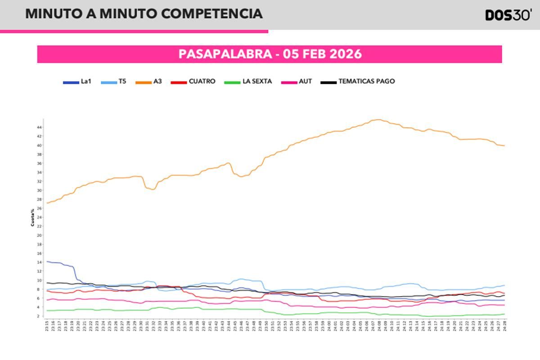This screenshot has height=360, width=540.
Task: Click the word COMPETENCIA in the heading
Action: (211, 13)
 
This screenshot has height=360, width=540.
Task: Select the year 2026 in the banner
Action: (346, 54)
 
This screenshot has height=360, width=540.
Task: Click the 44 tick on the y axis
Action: (40, 127)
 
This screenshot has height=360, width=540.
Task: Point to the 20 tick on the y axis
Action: (40, 235)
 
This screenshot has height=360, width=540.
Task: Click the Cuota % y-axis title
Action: (32, 217)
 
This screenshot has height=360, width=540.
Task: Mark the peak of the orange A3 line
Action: (378, 120)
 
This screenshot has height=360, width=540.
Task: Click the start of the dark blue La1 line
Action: (47, 261)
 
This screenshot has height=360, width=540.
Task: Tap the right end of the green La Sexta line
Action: (504, 314)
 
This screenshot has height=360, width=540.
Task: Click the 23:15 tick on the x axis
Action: (47, 325)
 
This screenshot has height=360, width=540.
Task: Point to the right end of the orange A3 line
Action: (504, 145)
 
